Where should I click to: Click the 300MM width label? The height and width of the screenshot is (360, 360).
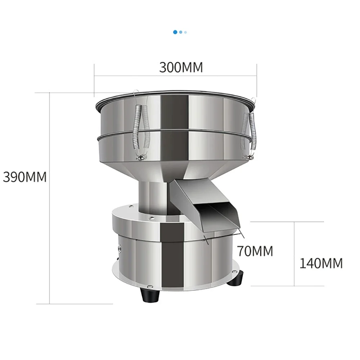click(x=181, y=67)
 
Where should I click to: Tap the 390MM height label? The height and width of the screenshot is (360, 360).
click(x=25, y=177)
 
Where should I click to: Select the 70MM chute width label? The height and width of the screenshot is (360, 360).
click(x=255, y=251)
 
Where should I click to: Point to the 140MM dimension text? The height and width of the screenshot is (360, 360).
click(x=321, y=264)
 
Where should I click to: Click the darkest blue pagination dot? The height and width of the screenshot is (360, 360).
click(x=175, y=32)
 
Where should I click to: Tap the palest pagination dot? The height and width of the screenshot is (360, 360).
click(x=185, y=32)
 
